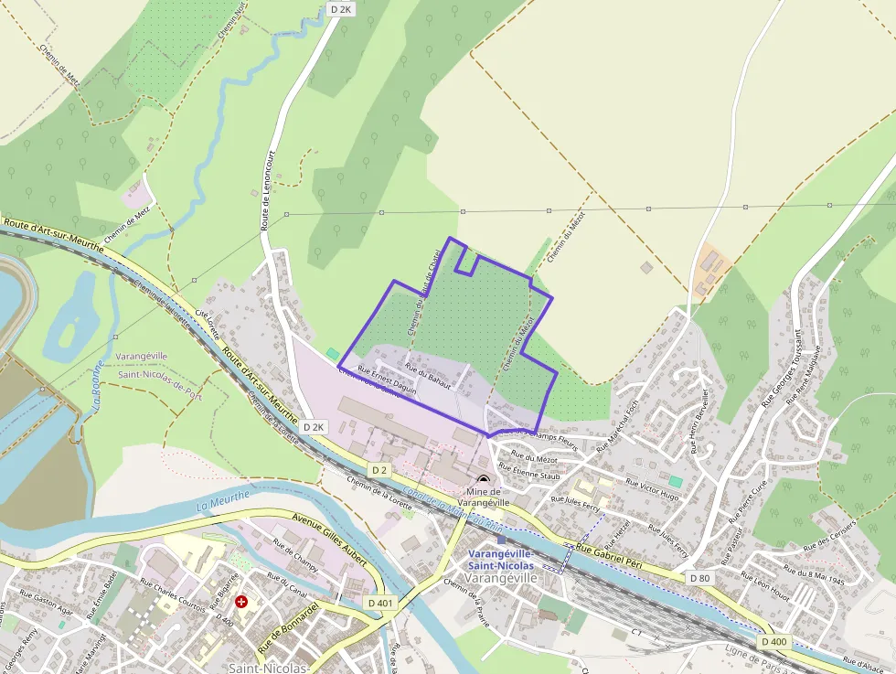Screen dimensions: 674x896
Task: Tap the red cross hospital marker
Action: (x=241, y=603)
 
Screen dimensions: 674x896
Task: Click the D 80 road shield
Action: (x=699, y=578)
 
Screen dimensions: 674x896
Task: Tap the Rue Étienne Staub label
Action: (x=536, y=474)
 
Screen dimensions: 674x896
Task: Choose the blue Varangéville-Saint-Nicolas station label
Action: (x=501, y=559)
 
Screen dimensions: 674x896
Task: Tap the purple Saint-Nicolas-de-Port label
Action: (x=159, y=373)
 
